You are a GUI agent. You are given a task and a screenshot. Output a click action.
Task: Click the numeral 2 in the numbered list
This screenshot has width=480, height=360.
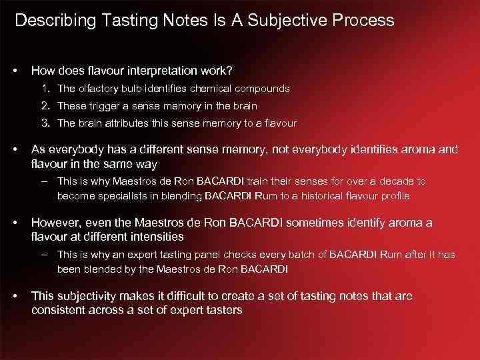(44, 106)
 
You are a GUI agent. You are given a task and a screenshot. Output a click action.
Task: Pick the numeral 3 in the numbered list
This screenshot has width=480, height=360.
(44, 123)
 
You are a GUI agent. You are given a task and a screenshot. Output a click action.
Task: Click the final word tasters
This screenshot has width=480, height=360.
(223, 310)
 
